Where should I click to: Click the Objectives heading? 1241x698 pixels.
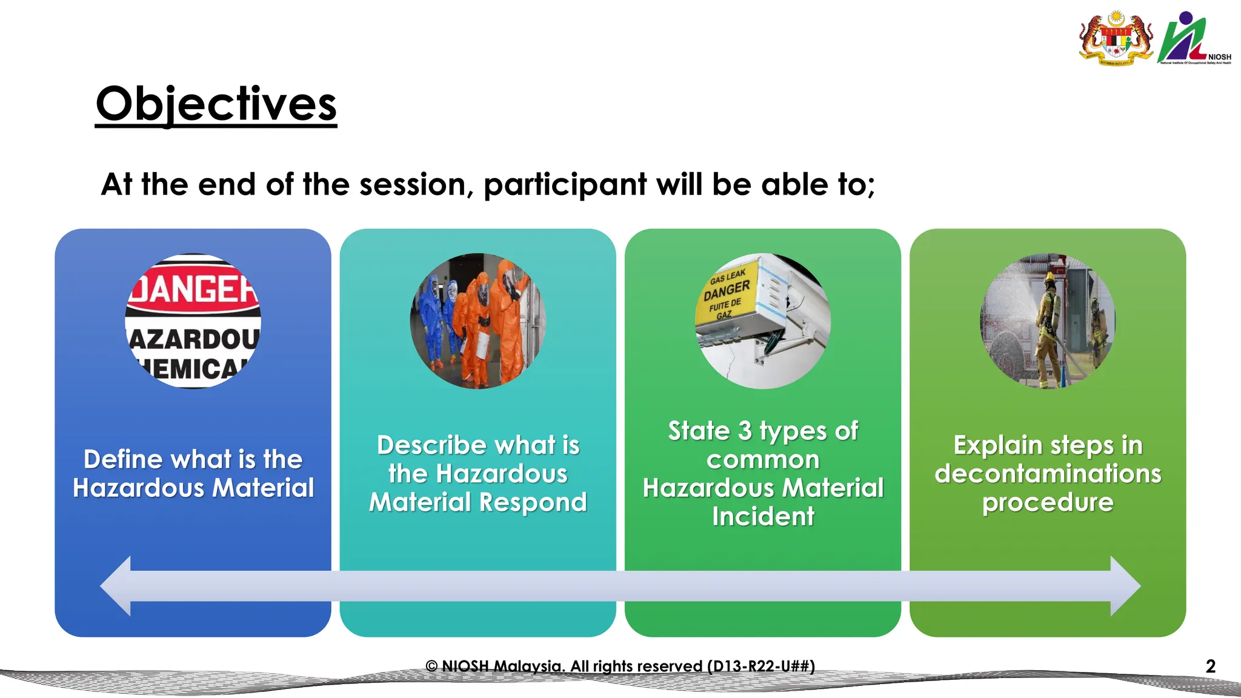coord(216,104)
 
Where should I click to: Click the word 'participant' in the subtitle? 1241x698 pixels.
coord(565,185)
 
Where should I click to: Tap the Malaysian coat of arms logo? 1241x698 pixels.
coord(1116,38)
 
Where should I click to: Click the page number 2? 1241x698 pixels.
coord(1210,666)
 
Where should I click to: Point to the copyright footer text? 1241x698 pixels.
coord(620,666)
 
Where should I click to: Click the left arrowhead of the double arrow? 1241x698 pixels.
coord(117,586)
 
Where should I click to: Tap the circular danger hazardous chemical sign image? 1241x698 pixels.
coord(193,321)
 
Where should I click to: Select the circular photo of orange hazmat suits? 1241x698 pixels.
coord(478,321)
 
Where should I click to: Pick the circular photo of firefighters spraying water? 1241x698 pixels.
coord(1048,321)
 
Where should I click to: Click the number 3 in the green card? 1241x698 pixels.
coord(745,431)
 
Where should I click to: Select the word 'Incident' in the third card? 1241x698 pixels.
coord(763,517)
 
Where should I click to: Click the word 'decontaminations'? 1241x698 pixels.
coord(1048,474)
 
